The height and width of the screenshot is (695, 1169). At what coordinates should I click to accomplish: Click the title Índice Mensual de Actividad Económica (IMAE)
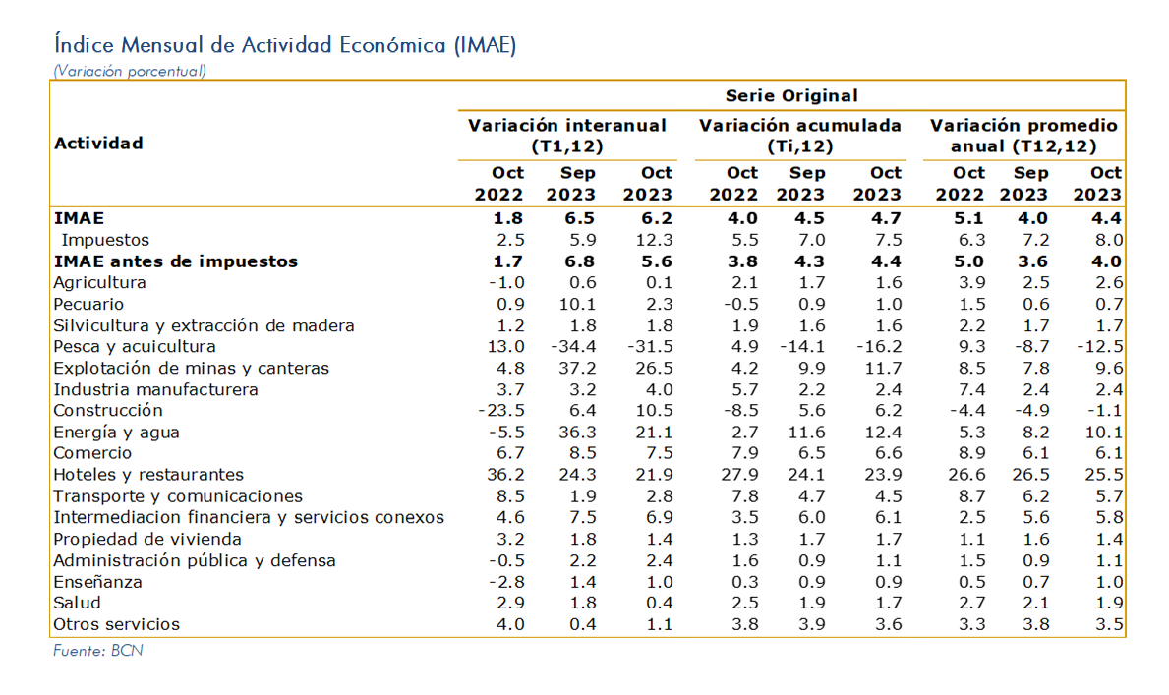click(285, 45)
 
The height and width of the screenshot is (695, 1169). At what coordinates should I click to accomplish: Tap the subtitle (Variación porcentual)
click(130, 72)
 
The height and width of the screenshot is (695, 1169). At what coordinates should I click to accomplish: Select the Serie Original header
click(791, 96)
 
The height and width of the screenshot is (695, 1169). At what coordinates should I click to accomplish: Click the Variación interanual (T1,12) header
click(566, 136)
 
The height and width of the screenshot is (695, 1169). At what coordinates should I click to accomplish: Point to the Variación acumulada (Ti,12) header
click(800, 136)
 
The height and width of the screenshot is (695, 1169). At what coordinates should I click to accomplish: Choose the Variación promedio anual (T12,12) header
click(1023, 136)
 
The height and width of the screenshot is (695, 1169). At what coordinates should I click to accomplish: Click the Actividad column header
click(98, 144)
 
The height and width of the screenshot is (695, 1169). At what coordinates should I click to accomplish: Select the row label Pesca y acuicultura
click(134, 347)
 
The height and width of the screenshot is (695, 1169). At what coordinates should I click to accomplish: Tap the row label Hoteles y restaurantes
click(148, 475)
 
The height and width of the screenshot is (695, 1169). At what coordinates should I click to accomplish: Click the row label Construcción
click(108, 411)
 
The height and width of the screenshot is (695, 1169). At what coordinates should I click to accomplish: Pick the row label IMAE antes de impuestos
click(176, 261)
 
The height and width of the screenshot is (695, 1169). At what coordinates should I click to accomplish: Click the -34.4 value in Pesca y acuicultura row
click(572, 347)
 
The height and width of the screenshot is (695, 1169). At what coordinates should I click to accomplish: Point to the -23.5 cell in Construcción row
click(501, 411)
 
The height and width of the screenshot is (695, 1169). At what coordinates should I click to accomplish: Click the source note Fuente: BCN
click(97, 651)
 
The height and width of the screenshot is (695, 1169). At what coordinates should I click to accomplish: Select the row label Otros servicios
click(116, 625)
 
